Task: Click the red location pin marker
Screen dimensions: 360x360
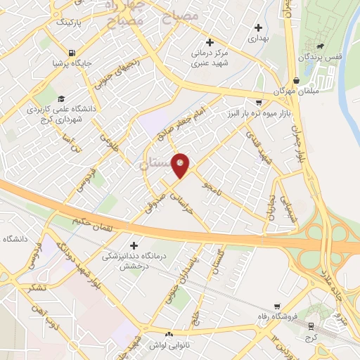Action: click(x=181, y=165)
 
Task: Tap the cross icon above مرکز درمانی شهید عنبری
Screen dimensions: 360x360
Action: click(x=209, y=42)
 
